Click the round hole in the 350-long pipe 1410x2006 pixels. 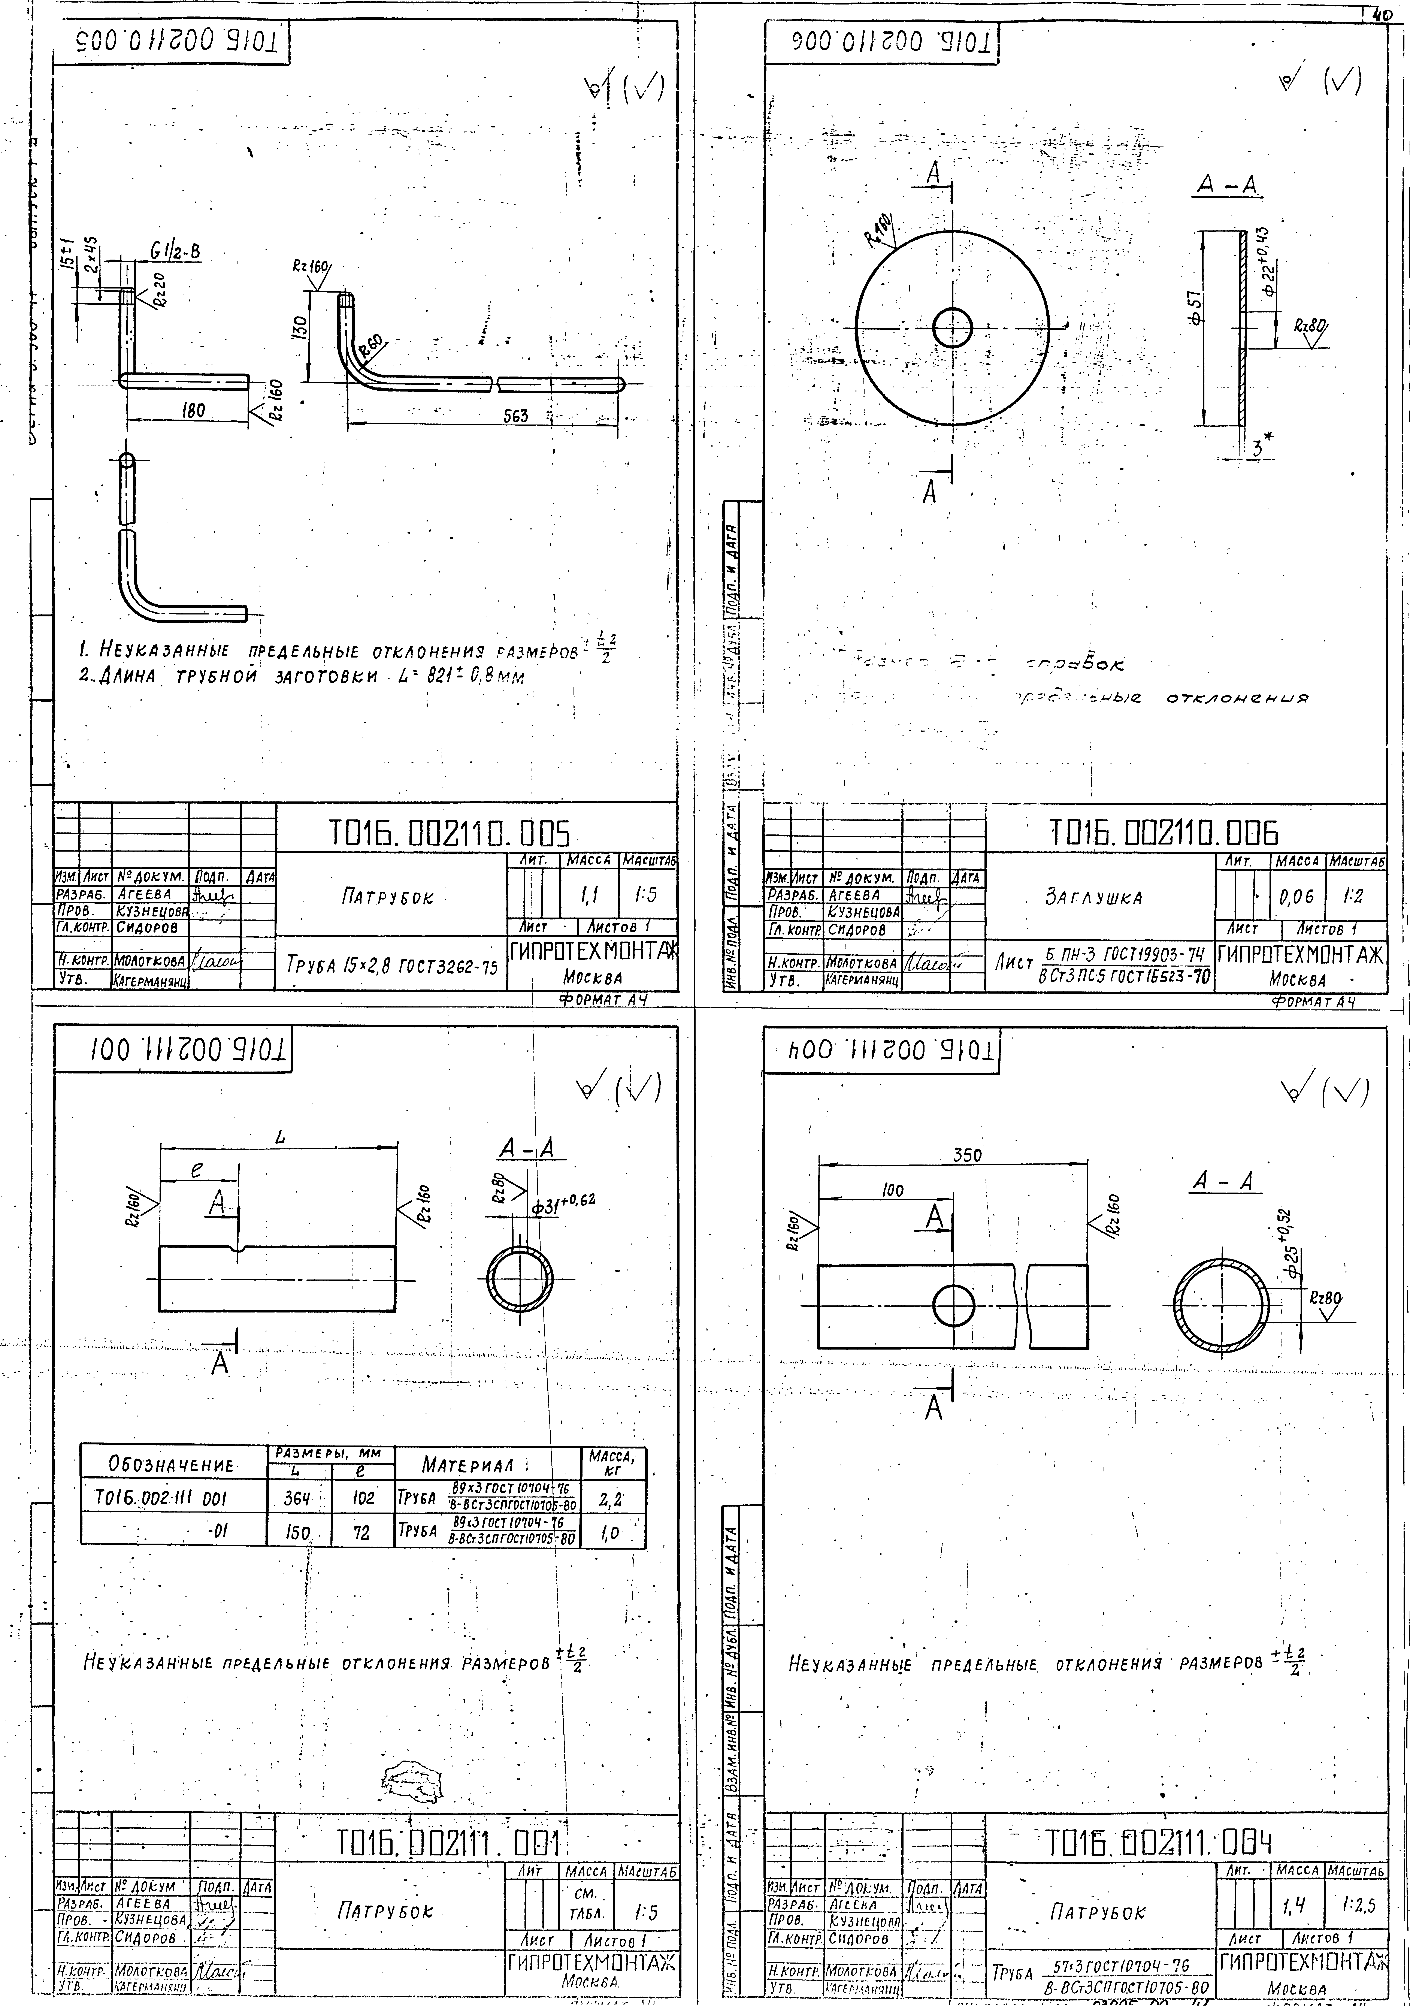point(953,1305)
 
